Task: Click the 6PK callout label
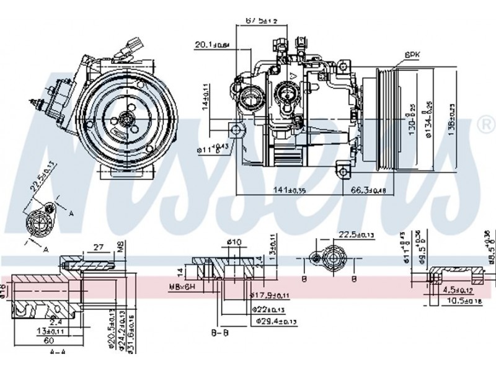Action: click(412, 55)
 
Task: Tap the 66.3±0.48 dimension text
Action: click(368, 190)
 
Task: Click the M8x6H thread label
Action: click(180, 286)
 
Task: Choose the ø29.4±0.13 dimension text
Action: click(275, 321)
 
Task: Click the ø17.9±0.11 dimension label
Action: click(277, 296)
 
